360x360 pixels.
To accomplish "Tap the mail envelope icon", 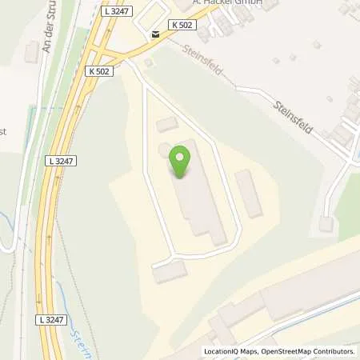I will click(x=154, y=34).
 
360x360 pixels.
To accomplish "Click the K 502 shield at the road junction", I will click(x=98, y=71).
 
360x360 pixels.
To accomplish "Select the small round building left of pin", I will click(x=164, y=150).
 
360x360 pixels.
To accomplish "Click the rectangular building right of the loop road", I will click(x=249, y=193).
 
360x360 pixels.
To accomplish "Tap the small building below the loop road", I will click(x=170, y=273).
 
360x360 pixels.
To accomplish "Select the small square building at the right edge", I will click(x=326, y=224).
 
